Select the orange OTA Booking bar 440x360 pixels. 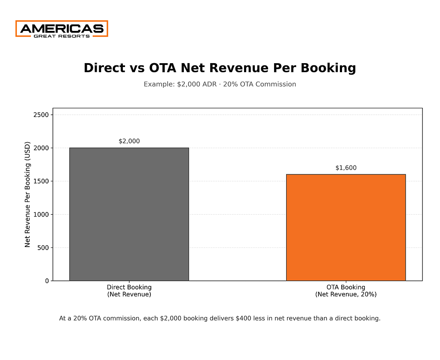346,227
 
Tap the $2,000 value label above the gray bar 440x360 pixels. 129,141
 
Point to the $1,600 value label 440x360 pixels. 346,168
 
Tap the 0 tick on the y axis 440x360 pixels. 47,281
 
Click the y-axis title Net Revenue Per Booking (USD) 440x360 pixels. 28,194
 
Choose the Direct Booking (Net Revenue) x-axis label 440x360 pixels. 129,291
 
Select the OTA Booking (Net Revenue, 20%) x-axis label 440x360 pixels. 346,291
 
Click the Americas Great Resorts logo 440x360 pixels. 62,29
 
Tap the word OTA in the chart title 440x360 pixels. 163,68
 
